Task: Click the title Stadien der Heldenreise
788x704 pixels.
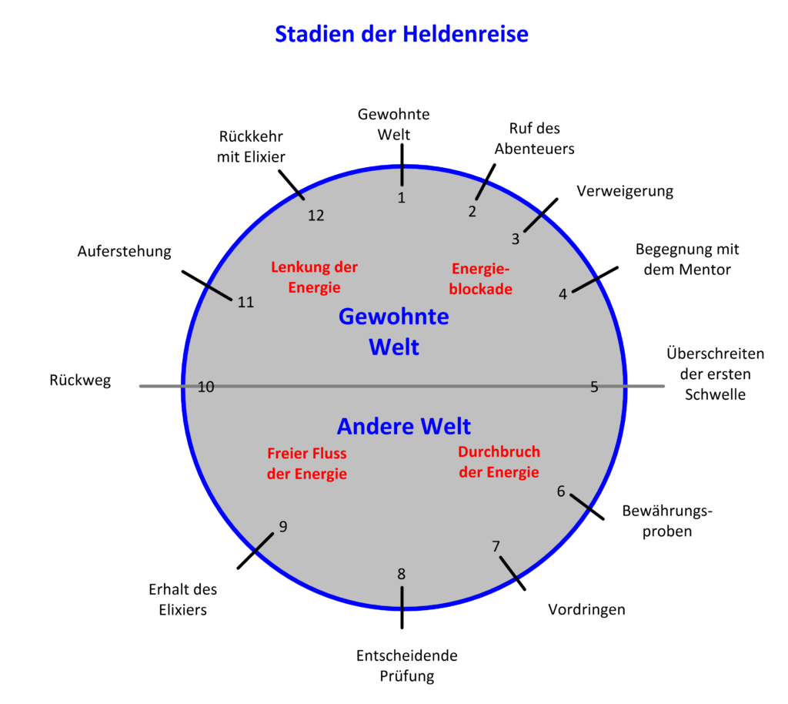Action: click(x=402, y=34)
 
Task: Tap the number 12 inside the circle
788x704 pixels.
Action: click(x=316, y=216)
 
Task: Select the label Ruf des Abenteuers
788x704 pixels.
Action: click(x=534, y=139)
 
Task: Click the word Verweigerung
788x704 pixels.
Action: click(x=625, y=191)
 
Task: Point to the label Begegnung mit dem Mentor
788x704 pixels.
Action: click(x=687, y=260)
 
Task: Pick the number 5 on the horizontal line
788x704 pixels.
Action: click(x=594, y=387)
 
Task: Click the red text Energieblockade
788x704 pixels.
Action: click(x=480, y=279)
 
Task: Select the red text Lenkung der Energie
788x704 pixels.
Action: click(x=314, y=277)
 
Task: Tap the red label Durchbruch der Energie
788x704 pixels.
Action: click(x=499, y=462)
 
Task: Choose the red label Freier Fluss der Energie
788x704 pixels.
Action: click(x=306, y=464)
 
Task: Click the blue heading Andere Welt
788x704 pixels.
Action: click(x=403, y=427)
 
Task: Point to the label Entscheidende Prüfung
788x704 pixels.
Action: click(x=406, y=665)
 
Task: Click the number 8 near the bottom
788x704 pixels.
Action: click(x=401, y=574)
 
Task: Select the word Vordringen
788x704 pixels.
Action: click(x=586, y=609)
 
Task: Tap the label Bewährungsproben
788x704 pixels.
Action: click(x=667, y=521)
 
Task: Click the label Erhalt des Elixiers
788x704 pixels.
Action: click(x=183, y=599)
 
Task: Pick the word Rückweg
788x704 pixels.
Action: click(x=80, y=380)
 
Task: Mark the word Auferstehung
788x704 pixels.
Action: click(x=124, y=251)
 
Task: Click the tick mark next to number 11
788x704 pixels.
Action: click(x=207, y=286)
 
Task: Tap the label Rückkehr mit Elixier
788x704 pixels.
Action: click(x=251, y=147)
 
